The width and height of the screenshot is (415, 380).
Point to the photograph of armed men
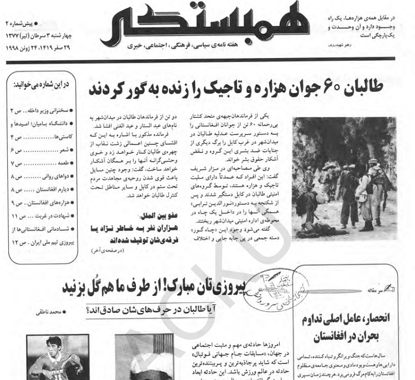pos(344,178)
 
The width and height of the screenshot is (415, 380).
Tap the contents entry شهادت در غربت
pos(45,216)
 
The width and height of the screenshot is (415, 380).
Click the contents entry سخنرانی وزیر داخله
pos(44,111)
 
